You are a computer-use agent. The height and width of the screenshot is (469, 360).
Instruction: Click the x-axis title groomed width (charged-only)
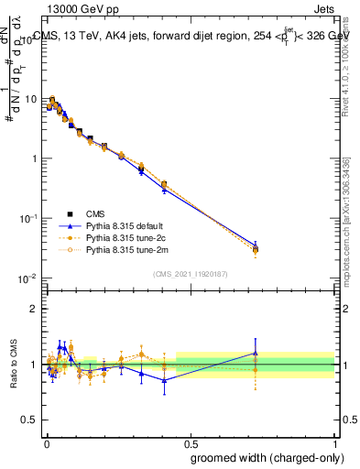point(262,457)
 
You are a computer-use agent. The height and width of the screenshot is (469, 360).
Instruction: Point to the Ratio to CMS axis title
point(16,365)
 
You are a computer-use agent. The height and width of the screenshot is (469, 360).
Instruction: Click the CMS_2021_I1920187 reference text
point(191,273)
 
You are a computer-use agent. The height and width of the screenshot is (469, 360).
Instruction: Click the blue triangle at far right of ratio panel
point(256,353)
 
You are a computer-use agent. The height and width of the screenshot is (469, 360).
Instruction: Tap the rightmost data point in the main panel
point(256,248)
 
